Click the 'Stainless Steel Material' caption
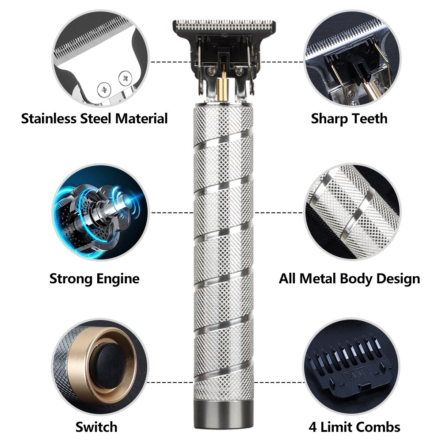[x=95, y=119]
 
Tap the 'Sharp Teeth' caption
[x=349, y=119]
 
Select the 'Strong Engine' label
[x=94, y=278]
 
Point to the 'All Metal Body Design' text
[x=349, y=278]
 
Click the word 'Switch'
[x=96, y=427]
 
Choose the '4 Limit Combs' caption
[x=354, y=427]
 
